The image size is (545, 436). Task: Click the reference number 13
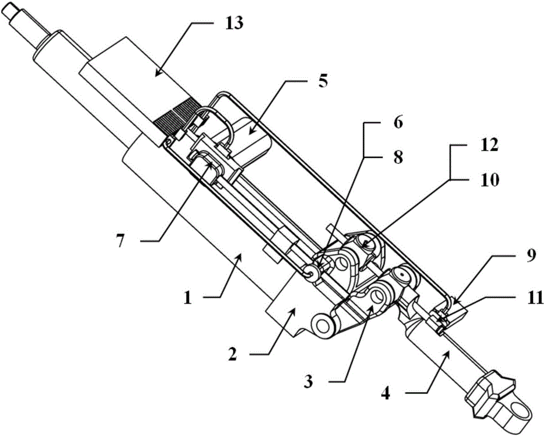[234, 23]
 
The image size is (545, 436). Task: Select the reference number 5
[323, 82]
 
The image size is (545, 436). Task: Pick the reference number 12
[489, 146]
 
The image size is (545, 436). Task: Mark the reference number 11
[534, 298]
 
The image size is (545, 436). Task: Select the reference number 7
[120, 241]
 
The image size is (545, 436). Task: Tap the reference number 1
[188, 298]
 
